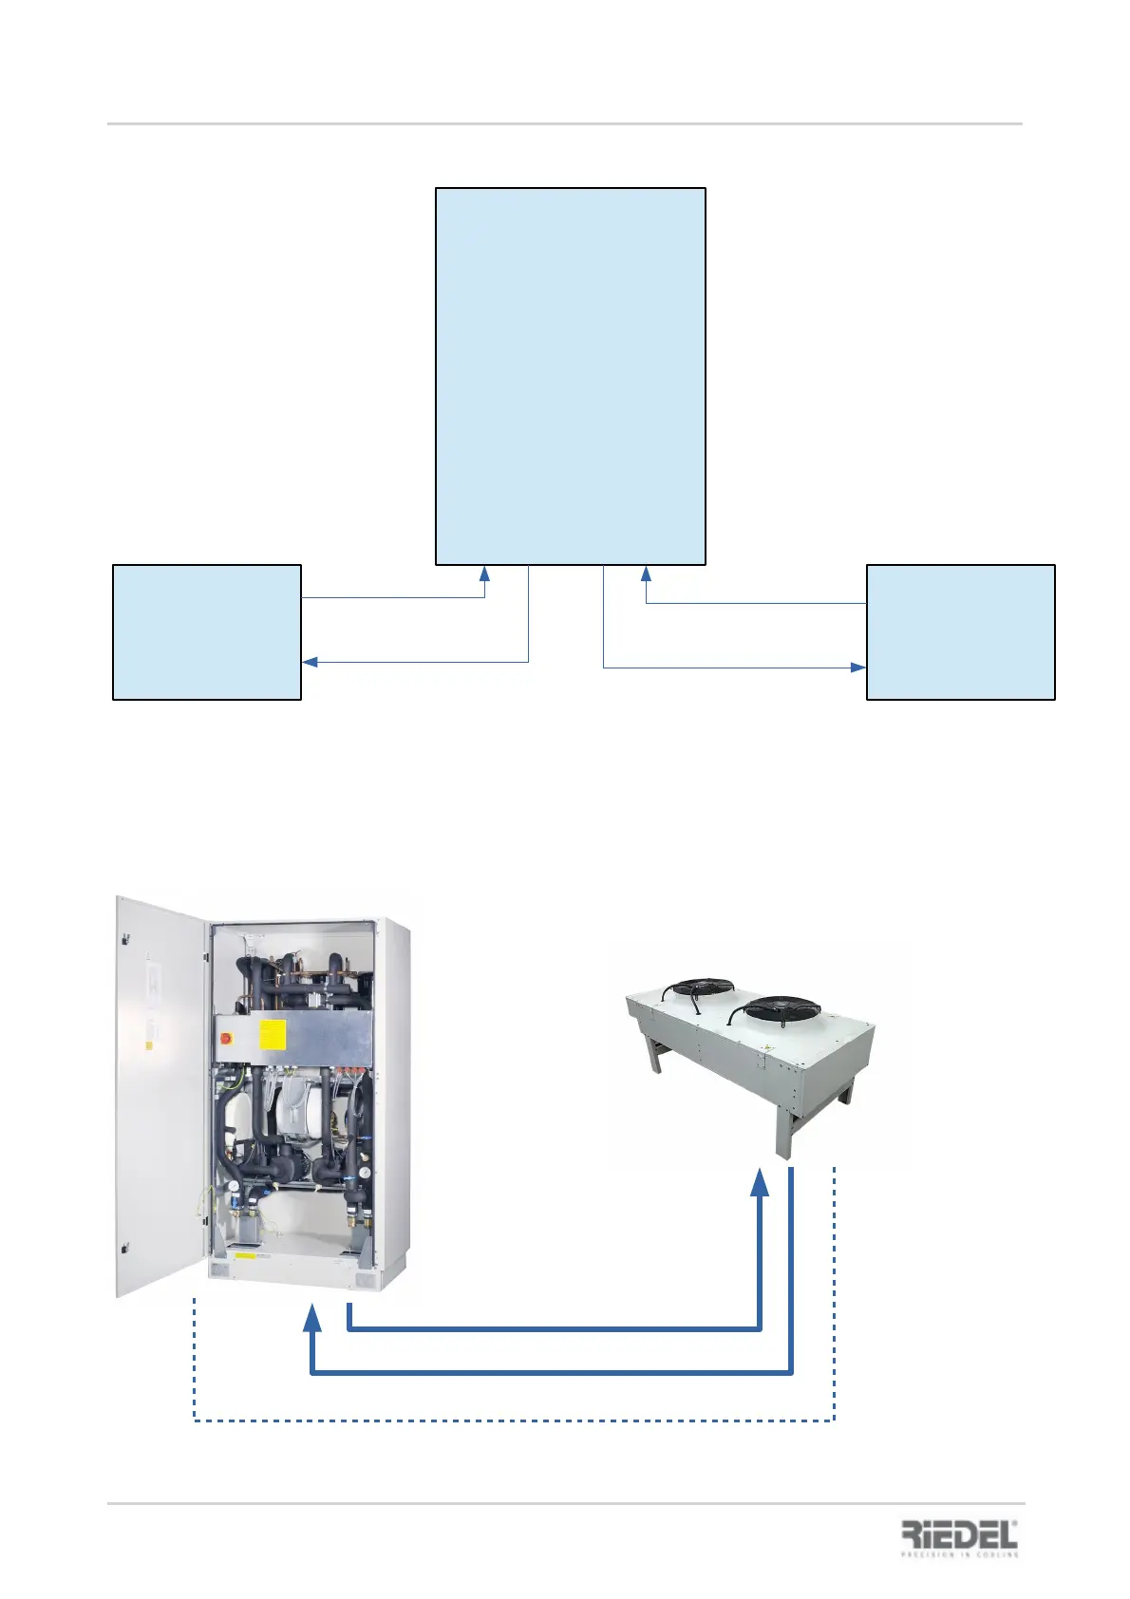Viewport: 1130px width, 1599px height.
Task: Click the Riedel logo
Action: click(x=959, y=1538)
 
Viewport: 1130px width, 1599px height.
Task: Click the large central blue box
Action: click(x=570, y=376)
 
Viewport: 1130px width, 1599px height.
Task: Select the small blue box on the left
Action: click(x=207, y=632)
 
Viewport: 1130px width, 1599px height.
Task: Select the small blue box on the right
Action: click(x=960, y=632)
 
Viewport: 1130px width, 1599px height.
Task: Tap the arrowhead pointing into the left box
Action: click(x=310, y=662)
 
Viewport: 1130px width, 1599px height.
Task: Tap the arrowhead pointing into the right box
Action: click(x=858, y=668)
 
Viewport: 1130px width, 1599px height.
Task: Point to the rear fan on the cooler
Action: click(x=698, y=988)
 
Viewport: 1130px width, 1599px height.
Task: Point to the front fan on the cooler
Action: click(x=782, y=1008)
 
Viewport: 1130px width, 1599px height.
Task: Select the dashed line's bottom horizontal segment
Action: click(x=513, y=1420)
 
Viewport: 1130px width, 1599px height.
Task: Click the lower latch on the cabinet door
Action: click(x=125, y=1246)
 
